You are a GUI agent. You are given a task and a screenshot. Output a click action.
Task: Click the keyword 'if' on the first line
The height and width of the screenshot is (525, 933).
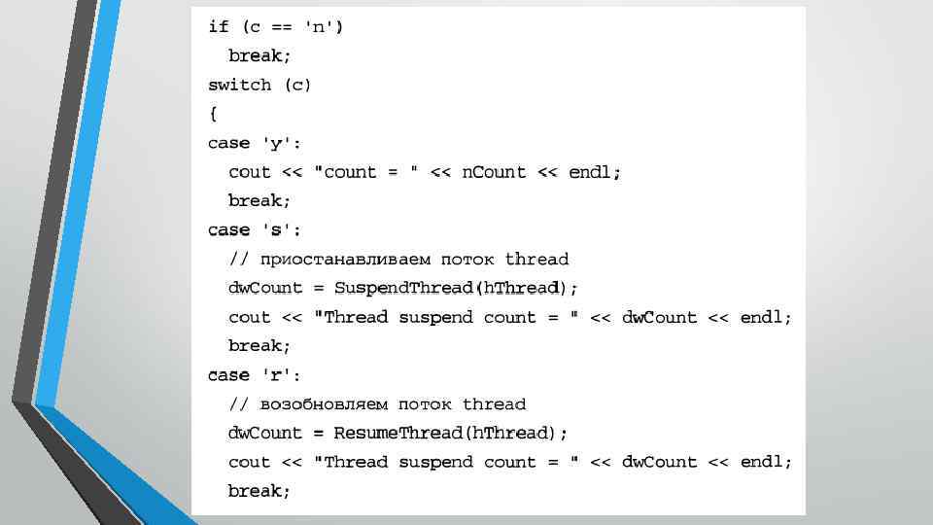point(218,27)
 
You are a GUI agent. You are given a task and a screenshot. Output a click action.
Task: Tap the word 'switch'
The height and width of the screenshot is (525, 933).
point(240,85)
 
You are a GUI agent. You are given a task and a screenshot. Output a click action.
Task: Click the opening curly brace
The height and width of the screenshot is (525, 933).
point(213,114)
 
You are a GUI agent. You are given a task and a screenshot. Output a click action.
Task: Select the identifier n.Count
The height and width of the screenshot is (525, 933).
point(494,172)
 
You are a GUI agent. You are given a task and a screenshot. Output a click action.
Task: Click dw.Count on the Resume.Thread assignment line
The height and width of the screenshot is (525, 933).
point(265,433)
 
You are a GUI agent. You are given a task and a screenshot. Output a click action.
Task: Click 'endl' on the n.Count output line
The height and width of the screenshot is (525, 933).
point(593,172)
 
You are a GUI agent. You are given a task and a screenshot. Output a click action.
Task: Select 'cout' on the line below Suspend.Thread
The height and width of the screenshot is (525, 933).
point(250,317)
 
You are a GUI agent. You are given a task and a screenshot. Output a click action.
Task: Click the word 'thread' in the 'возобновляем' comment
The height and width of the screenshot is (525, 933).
point(494,404)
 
